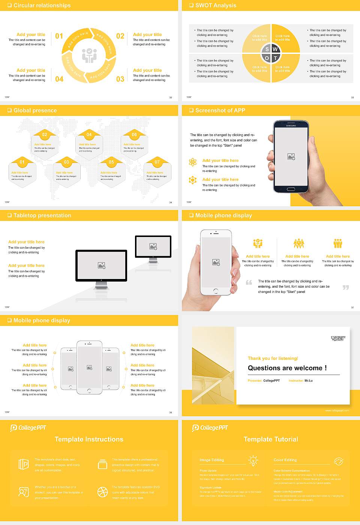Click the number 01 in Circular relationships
point(59,36)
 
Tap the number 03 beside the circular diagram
point(120,79)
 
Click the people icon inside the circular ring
point(89,55)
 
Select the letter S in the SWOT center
point(267,49)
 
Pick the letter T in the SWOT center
point(275,58)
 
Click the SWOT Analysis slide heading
point(216,5)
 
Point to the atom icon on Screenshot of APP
point(193,162)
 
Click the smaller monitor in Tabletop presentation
point(153,247)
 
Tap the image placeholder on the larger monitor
point(101,265)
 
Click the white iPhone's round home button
point(216,291)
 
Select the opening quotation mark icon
point(249,282)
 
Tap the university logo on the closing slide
point(338,338)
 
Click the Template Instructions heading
point(89,439)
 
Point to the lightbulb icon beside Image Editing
point(253,460)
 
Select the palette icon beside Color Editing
point(338,461)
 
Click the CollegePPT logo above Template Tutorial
point(210,428)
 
